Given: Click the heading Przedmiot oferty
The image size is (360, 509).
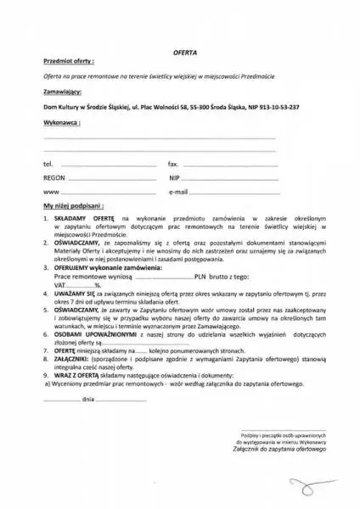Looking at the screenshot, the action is coord(69,62).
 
